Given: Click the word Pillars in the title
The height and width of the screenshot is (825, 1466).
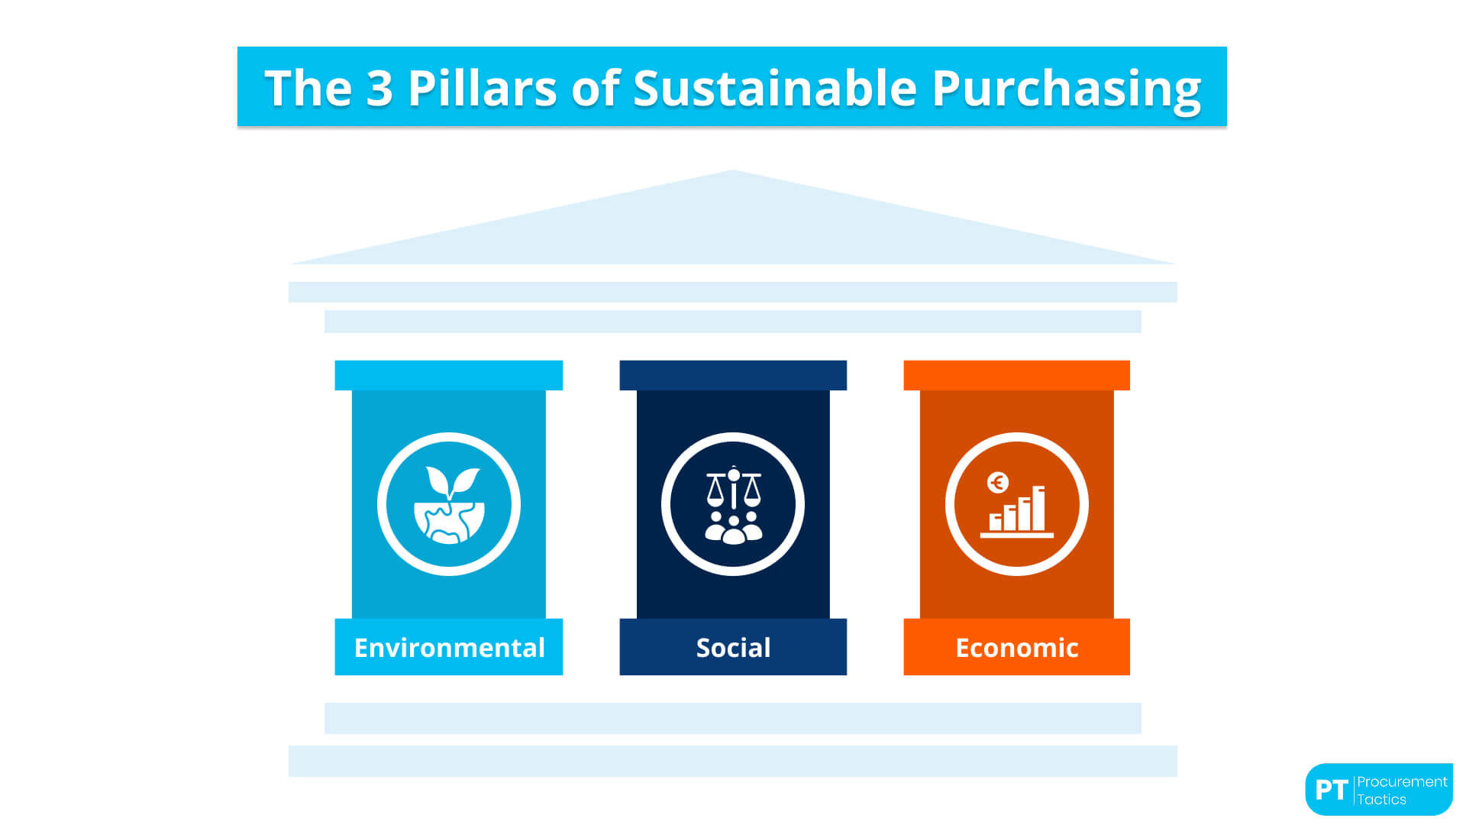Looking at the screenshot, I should pyautogui.click(x=482, y=88).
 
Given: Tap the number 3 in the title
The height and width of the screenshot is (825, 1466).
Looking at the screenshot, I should pyautogui.click(x=379, y=88).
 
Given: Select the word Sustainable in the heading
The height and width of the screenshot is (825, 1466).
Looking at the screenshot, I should pyautogui.click(x=774, y=88).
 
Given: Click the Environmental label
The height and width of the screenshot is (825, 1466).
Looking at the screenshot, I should pyautogui.click(x=449, y=648).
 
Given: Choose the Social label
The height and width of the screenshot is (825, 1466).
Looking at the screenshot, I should pyautogui.click(x=733, y=648).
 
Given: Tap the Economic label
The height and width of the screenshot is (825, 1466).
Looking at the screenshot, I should pyautogui.click(x=1016, y=648).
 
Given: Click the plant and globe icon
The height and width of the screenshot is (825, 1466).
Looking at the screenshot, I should pyautogui.click(x=449, y=505).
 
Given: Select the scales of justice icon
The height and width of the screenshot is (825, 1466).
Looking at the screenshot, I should pyautogui.click(x=733, y=489).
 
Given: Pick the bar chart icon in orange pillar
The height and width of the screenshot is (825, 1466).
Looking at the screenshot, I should pyautogui.click(x=1017, y=510).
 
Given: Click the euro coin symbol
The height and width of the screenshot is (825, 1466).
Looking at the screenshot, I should pyautogui.click(x=997, y=483).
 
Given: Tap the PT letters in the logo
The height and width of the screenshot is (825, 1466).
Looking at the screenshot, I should pyautogui.click(x=1331, y=790).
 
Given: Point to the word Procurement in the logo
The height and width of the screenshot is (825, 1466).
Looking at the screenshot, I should pyautogui.click(x=1402, y=781).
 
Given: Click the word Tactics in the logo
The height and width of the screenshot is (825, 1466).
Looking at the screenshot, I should pyautogui.click(x=1381, y=800).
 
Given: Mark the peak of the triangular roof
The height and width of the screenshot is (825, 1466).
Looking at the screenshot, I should pyautogui.click(x=733, y=172).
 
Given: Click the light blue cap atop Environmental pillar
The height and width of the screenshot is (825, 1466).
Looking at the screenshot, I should pyautogui.click(x=449, y=375).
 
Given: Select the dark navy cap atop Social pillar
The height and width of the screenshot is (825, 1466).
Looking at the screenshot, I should pyautogui.click(x=733, y=375).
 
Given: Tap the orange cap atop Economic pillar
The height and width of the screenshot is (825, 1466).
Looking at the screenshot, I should pyautogui.click(x=1016, y=375).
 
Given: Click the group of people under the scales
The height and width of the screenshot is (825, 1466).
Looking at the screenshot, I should pyautogui.click(x=733, y=528).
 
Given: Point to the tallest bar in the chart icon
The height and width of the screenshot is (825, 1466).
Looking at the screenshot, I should pyautogui.click(x=1038, y=508).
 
